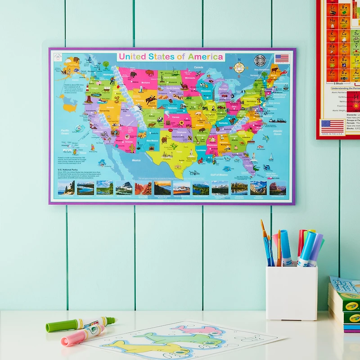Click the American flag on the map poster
pos(282,58)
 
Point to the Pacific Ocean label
pos(68,131)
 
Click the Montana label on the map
pos(145,82)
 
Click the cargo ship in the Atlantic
pos(277,120)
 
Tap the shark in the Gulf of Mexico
pos(193,172)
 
